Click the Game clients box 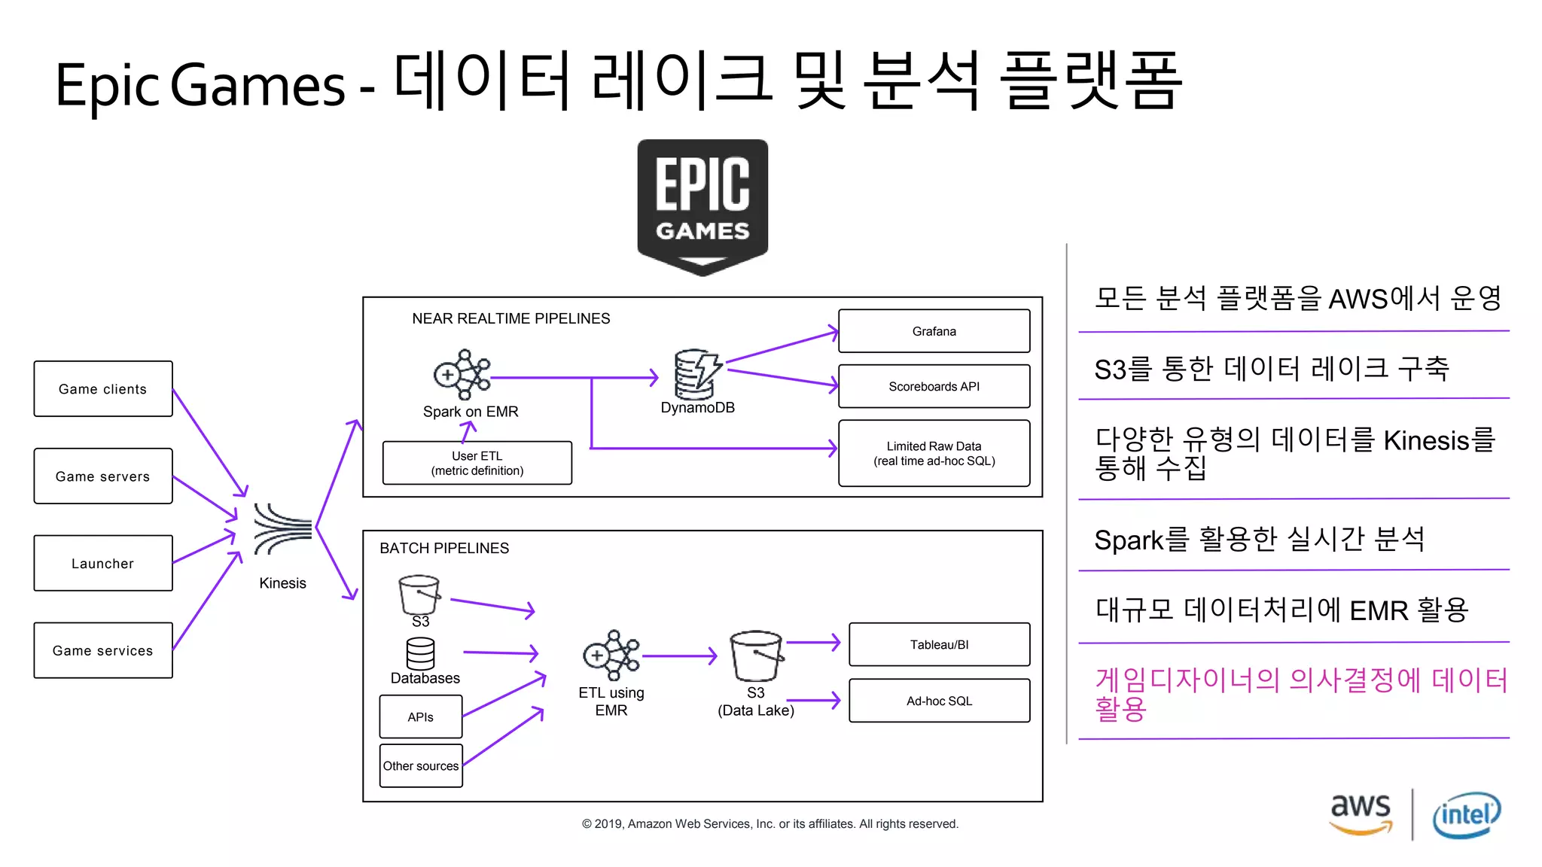[x=103, y=389]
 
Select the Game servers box [x=103, y=476]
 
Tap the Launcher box [x=103, y=563]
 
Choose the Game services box [x=103, y=650]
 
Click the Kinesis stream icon [x=282, y=529]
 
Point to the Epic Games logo [x=702, y=205]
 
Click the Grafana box [x=934, y=331]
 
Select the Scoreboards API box [x=934, y=386]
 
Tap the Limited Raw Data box [x=934, y=453]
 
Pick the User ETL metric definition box [x=477, y=463]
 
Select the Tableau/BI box [x=939, y=644]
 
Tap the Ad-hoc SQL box [x=939, y=701]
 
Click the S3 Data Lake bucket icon [x=756, y=655]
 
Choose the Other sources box [x=421, y=765]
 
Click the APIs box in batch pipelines [x=421, y=716]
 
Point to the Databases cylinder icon [x=420, y=653]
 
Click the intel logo [x=1466, y=815]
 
